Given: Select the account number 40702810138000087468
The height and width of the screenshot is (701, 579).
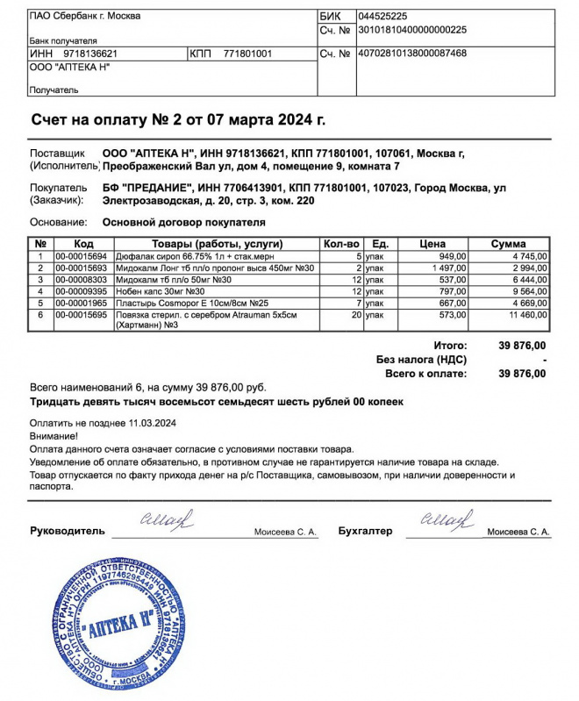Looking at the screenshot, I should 412,54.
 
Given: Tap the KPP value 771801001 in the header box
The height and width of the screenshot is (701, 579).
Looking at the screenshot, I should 248,54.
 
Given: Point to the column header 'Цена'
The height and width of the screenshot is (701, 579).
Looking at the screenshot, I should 433,243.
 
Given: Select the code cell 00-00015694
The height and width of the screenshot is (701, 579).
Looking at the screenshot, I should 81,255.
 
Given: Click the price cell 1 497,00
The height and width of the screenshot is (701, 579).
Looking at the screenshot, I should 447,268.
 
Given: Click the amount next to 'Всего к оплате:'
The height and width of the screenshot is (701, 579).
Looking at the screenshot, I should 522,374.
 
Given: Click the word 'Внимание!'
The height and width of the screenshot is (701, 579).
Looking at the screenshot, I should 54,435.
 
